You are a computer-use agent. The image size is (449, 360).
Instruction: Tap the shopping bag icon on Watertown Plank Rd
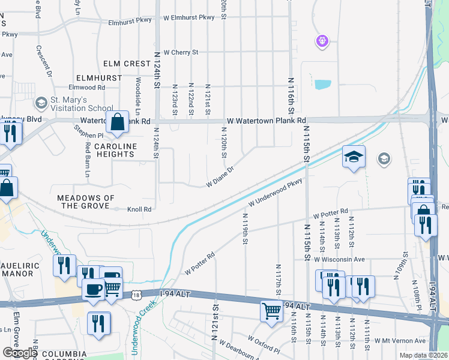(x=118, y=121)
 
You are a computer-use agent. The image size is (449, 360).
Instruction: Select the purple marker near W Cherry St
(x=322, y=41)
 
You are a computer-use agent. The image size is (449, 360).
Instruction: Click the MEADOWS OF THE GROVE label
(x=85, y=202)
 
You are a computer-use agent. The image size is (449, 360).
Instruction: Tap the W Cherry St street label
(x=177, y=53)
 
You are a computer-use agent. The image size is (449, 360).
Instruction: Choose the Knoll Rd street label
(x=139, y=209)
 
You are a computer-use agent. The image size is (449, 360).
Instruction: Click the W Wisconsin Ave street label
(x=340, y=259)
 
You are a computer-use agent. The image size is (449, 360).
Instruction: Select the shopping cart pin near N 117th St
(x=271, y=311)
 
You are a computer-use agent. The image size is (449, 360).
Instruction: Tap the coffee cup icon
(x=93, y=289)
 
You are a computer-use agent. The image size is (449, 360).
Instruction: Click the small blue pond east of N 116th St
(x=322, y=84)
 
